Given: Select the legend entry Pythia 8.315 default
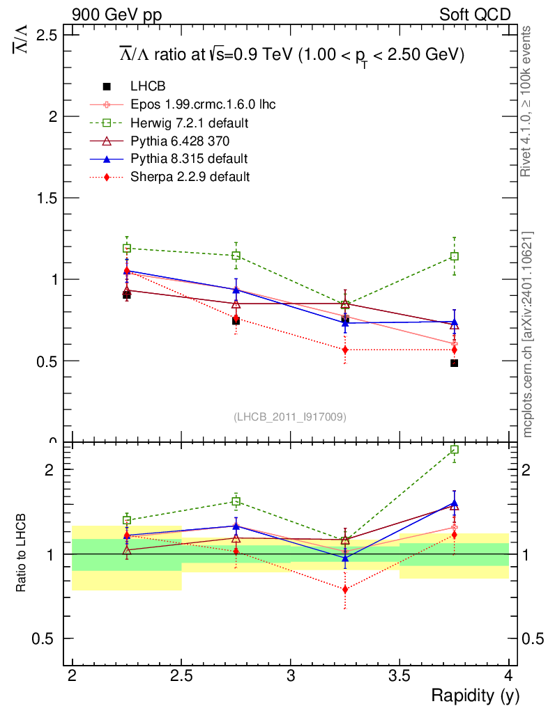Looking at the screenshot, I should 189,159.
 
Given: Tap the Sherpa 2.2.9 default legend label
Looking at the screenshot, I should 190,177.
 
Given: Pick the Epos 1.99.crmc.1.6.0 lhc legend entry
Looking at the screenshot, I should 203,105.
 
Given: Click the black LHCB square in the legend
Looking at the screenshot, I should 107,87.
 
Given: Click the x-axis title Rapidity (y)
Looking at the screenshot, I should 475,696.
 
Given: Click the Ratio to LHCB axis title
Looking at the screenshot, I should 23,554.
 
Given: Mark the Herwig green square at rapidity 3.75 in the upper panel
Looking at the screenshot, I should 455,256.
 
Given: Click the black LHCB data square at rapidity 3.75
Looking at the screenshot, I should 455,363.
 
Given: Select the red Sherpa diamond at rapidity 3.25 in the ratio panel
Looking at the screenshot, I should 345,589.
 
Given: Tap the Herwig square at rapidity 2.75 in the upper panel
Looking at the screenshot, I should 236,256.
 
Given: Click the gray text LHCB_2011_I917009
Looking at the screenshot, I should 290,416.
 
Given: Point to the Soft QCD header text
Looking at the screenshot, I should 475,14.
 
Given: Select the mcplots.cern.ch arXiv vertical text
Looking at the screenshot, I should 528,334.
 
